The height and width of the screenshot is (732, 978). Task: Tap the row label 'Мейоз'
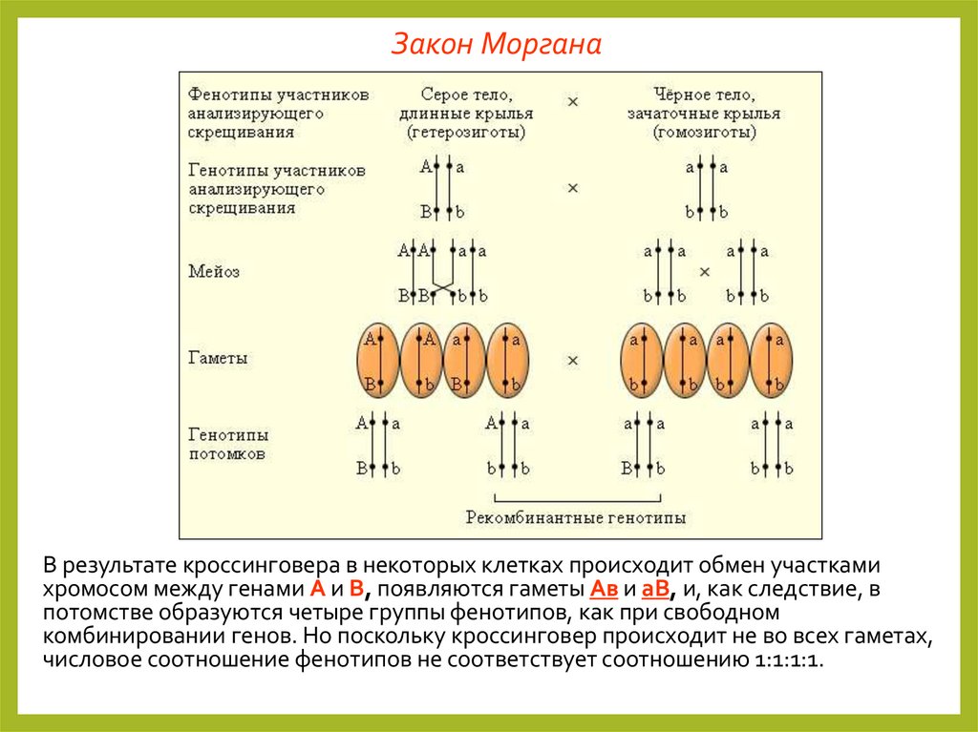pyautogui.click(x=214, y=271)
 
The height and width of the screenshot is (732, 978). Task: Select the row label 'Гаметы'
pyautogui.click(x=218, y=358)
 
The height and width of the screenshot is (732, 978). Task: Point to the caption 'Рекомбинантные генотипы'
pyautogui.click(x=575, y=518)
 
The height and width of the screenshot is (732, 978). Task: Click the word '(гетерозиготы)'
pyautogui.click(x=465, y=132)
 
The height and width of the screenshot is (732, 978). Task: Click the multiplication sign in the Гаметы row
pyautogui.click(x=573, y=360)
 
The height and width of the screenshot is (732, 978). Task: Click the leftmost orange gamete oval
pyautogui.click(x=378, y=361)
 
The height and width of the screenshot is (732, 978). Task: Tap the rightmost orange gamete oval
pyautogui.click(x=772, y=361)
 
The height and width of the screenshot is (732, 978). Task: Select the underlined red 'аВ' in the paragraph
pyautogui.click(x=655, y=588)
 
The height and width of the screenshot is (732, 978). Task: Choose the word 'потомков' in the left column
pyautogui.click(x=227, y=453)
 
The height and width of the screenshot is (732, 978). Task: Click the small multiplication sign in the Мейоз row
pyautogui.click(x=705, y=272)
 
